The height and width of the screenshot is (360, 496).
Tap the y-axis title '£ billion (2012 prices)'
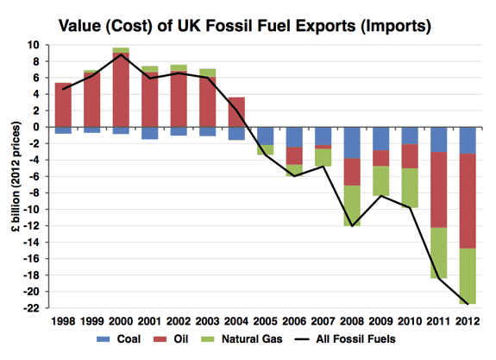[x=16, y=176]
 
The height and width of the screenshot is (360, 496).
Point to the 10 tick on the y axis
[x=33, y=45]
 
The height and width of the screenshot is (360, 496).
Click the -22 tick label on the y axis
[x=31, y=307]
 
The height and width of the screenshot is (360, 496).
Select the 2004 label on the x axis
[x=236, y=321]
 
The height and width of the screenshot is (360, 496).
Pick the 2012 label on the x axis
[x=468, y=321]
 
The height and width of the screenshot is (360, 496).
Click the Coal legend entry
[x=119, y=339]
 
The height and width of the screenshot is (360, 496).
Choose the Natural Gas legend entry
[x=242, y=339]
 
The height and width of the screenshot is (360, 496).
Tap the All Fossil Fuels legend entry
[x=345, y=339]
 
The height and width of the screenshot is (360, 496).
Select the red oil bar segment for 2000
[x=121, y=90]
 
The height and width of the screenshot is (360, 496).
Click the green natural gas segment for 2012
[x=468, y=276]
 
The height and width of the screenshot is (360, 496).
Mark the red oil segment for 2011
[x=439, y=190]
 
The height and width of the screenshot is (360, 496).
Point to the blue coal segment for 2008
[x=352, y=142]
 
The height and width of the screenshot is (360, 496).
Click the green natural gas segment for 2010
[x=410, y=188]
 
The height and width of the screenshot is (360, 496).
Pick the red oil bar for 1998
[x=63, y=104]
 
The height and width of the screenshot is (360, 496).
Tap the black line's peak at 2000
[x=121, y=54]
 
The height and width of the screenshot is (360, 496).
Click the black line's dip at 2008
[x=352, y=226]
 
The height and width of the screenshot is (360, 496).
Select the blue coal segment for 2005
[x=266, y=136]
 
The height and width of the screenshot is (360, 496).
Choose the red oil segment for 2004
[x=236, y=112]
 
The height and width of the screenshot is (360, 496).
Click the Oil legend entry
[x=171, y=339]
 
